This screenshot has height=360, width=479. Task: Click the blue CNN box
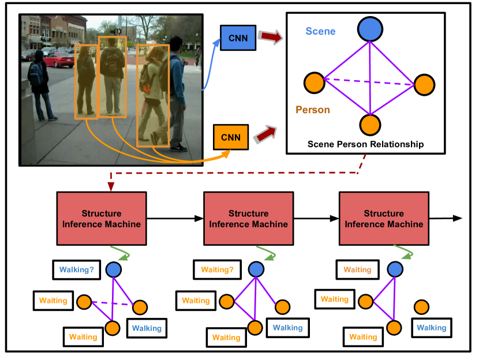238,37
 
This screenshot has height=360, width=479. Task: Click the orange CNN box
230,137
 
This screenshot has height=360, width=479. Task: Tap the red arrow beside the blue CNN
270,37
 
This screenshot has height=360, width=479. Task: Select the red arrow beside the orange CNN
264,134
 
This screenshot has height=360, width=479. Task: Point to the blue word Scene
320,32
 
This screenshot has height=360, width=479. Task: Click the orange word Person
312,110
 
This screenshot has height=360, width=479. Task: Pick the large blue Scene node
370,29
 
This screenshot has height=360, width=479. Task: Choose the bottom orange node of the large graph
370,125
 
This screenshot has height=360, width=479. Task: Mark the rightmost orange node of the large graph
424,85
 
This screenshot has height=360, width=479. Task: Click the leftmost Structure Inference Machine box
102,219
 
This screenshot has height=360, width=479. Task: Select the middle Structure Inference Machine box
248,219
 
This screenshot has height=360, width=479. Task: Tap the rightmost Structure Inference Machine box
384,219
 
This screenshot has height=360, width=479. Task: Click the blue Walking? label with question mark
76,269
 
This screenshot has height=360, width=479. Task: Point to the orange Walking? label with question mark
217,269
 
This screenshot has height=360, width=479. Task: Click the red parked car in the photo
58,59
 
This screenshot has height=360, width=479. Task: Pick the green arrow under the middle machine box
267,253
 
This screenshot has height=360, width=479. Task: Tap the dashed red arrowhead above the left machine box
111,186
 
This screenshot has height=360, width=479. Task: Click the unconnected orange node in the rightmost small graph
422,307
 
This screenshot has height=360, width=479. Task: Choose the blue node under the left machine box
114,269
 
